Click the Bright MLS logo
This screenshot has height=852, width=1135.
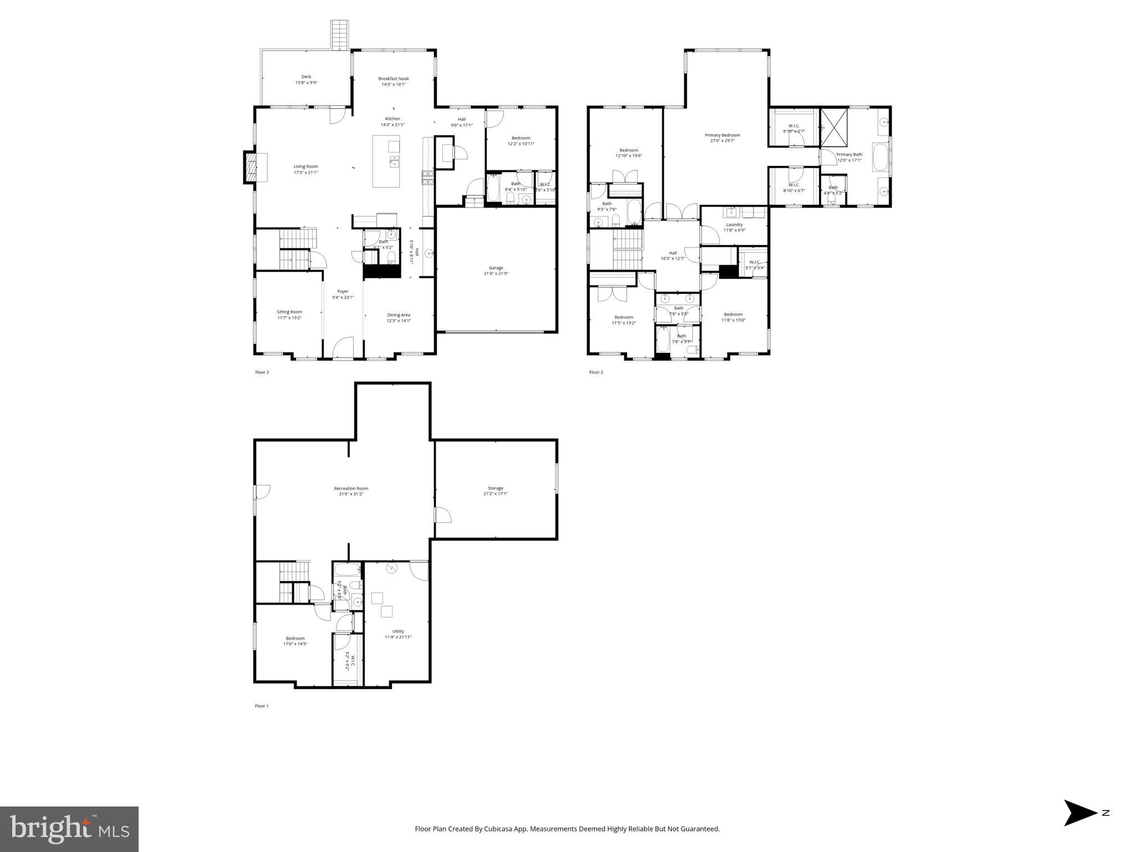69,829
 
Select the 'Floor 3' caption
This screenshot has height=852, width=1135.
596,372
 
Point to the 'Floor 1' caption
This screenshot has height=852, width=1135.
262,706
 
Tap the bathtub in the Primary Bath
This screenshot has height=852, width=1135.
879,158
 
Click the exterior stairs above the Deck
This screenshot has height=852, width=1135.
339,35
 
